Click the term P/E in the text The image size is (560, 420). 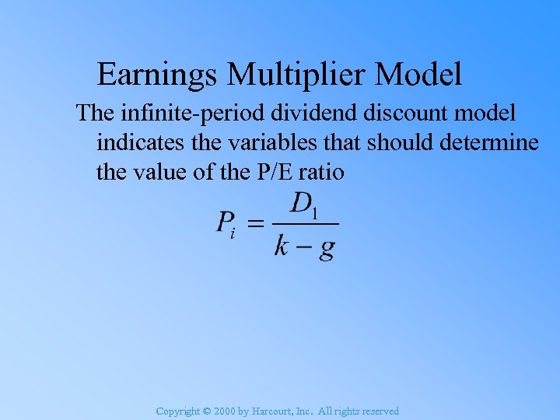click(269, 171)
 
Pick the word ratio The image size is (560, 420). click(320, 171)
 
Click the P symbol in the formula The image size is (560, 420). click(225, 224)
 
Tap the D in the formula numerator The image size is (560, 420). click(300, 204)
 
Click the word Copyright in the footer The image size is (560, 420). click(177, 411)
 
